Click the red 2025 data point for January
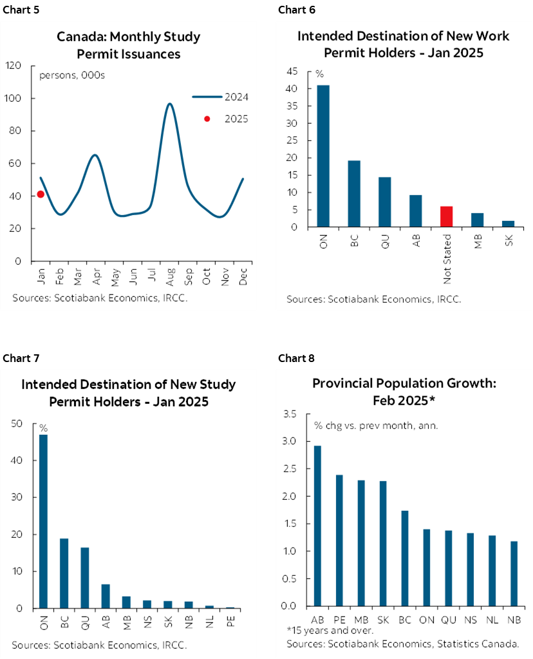41,194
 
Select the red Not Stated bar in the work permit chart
446,216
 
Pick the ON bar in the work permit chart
323,156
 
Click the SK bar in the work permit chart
508,224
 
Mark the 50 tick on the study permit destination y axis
18,424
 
